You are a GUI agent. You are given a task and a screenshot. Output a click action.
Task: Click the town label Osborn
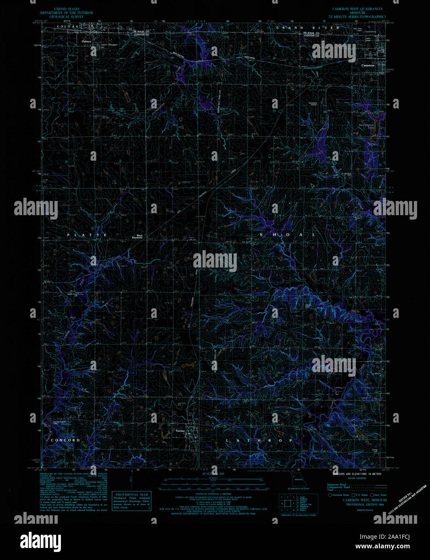point(86,41)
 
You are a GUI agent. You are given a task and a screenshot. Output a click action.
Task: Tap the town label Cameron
point(367,65)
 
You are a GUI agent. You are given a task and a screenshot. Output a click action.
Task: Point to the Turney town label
point(180,431)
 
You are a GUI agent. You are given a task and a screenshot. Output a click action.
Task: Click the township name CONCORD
point(65,440)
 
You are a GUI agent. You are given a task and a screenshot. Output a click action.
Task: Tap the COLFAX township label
point(67,27)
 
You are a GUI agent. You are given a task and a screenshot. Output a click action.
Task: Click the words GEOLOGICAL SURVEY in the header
point(67,17)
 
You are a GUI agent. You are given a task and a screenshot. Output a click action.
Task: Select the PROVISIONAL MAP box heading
point(132,494)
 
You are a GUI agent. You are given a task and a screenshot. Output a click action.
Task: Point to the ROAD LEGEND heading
point(357,478)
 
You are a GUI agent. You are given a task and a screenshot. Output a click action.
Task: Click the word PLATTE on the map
point(87,235)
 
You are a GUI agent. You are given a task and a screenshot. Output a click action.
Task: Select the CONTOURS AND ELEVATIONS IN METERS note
point(357,474)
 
